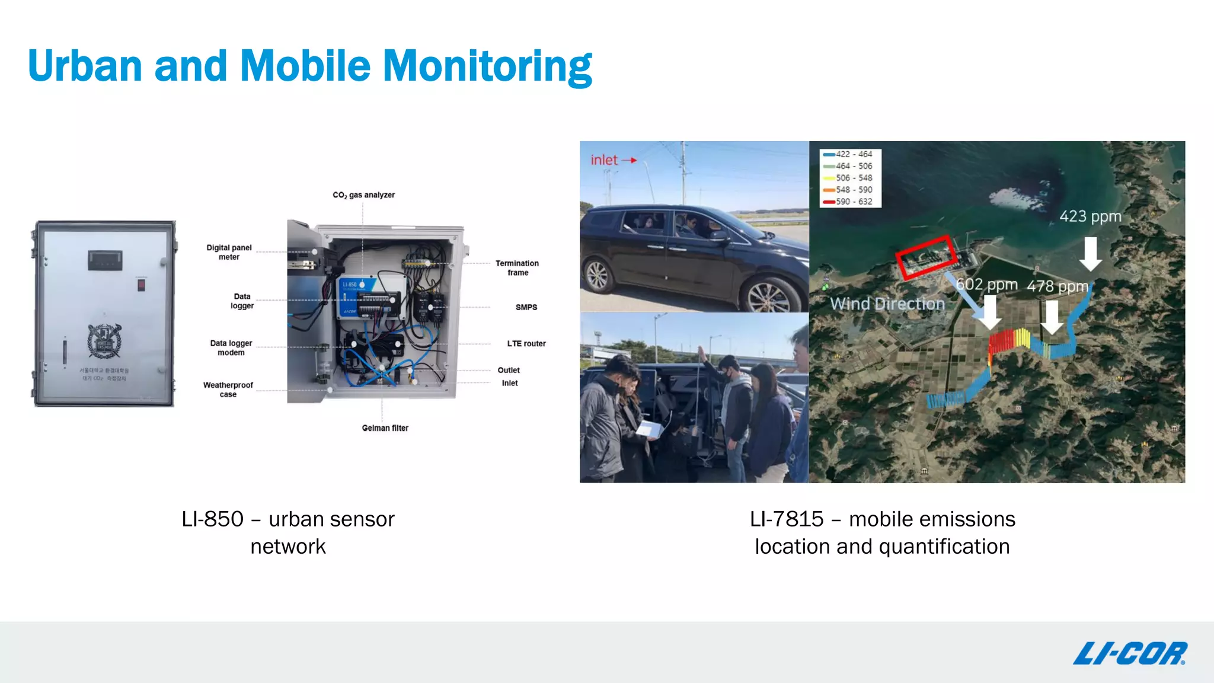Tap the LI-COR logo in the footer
1129,653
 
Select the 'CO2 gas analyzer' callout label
363,195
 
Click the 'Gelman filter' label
385,428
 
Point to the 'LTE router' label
526,344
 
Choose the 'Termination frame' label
517,268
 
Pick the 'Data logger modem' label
231,348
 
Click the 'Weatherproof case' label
228,390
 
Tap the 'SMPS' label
526,307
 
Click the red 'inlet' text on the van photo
604,160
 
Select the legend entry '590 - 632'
854,202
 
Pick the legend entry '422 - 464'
854,154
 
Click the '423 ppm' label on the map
1090,216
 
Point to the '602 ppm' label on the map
986,285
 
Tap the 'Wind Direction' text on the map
887,304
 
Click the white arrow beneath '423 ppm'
1090,254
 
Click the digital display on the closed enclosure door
105,260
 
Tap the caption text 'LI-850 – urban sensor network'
288,532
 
